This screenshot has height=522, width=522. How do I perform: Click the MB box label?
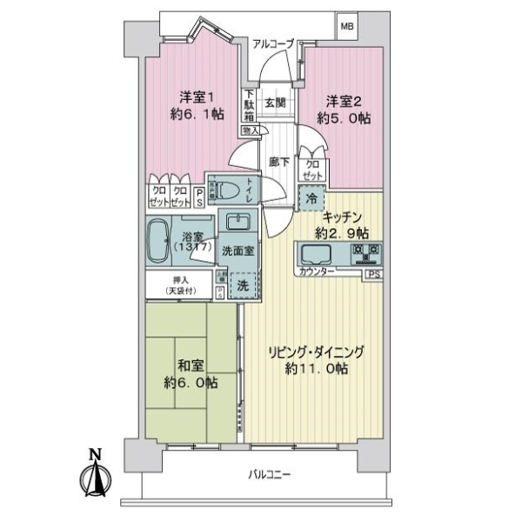click(347, 25)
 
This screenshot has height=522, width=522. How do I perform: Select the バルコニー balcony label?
click(269, 475)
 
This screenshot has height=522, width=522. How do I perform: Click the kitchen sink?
click(314, 256)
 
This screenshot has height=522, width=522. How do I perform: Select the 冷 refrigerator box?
click(311, 198)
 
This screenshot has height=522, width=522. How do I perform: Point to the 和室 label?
click(190, 365)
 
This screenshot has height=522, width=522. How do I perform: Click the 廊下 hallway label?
click(278, 160)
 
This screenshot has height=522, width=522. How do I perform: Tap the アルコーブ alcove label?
click(273, 41)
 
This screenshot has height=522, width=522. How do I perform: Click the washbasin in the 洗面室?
click(236, 221)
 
